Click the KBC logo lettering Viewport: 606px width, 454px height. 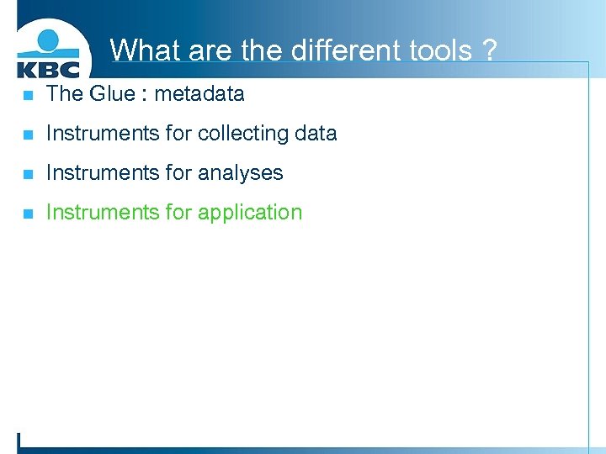48,68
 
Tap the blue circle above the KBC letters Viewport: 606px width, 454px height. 49,40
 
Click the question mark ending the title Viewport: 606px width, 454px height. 489,50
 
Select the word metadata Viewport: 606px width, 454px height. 199,93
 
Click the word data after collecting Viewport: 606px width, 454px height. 315,133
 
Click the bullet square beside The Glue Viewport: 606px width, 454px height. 28,95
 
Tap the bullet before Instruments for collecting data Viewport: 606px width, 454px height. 28,135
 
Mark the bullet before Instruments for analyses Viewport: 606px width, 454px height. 28,174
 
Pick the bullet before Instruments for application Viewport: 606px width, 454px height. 28,214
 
